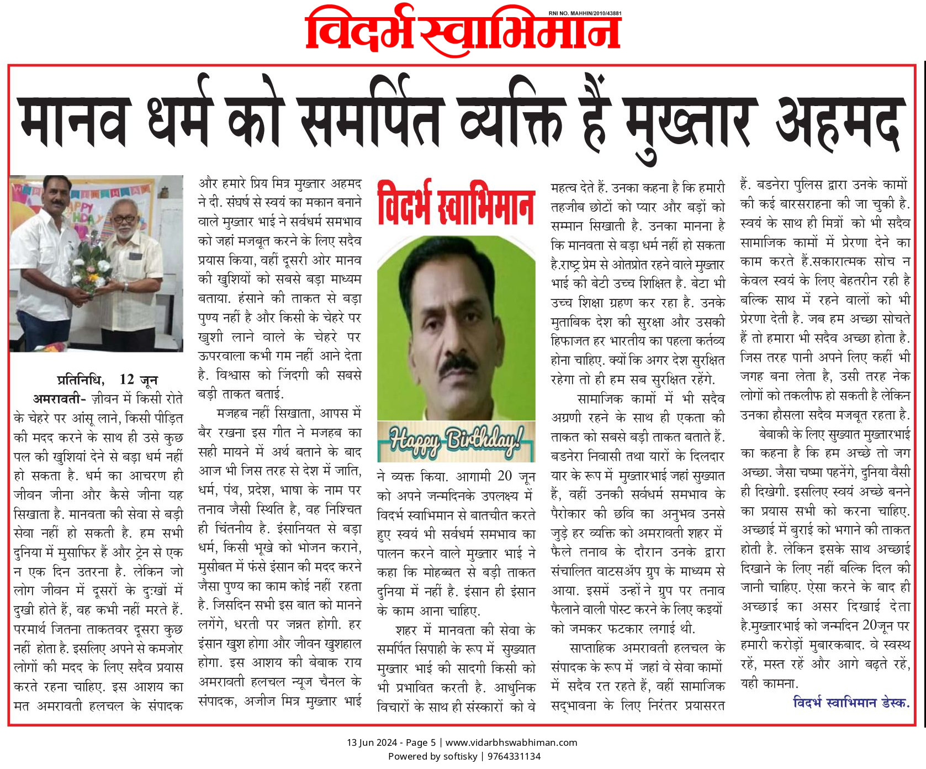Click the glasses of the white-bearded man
pyautogui.click(x=126, y=219)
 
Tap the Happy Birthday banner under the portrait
pyautogui.click(x=456, y=441)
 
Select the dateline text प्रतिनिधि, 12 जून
pyautogui.click(x=107, y=380)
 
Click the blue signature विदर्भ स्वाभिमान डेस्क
pyautogui.click(x=850, y=703)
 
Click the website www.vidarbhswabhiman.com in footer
pyautogui.click(x=511, y=742)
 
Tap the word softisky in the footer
pyautogui.click(x=460, y=756)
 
